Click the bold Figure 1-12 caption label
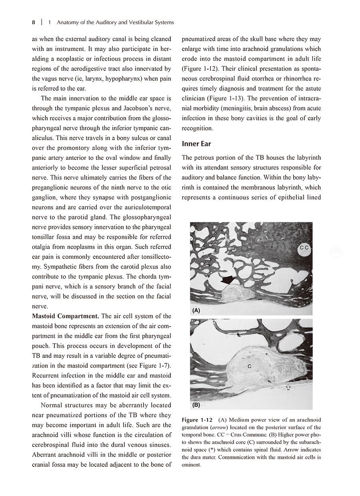[197, 420]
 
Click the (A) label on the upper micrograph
[196, 310]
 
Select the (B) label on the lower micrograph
[196, 405]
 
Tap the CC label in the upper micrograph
[304, 248]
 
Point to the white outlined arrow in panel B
[288, 386]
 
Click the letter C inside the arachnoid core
[249, 366]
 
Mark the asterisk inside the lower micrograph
[266, 354]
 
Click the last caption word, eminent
[190, 465]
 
